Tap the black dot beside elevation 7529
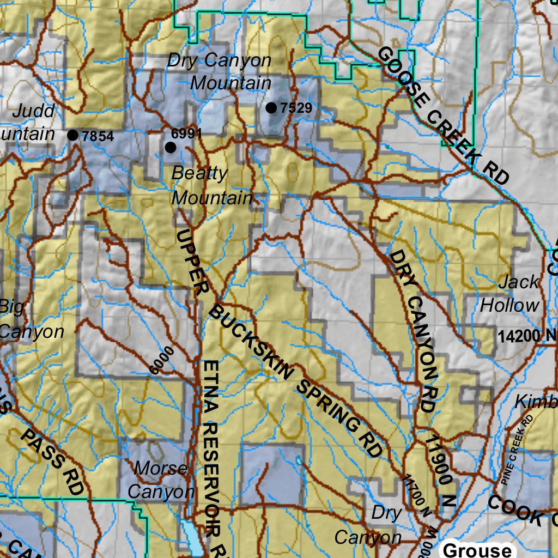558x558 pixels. (271, 108)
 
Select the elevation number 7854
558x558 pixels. (98, 136)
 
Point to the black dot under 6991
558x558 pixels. (171, 147)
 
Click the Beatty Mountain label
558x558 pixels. (211, 185)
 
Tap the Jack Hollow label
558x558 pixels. (510, 294)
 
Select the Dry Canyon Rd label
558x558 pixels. (414, 330)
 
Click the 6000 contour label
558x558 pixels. (162, 360)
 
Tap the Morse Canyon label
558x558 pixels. (161, 480)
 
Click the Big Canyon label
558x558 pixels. (30, 319)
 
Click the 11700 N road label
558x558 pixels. (416, 495)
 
